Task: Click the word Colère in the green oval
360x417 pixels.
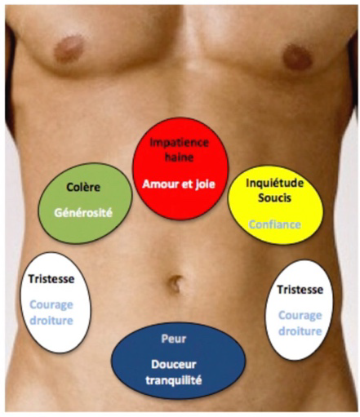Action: point(83,187)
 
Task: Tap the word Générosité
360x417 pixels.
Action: point(83,213)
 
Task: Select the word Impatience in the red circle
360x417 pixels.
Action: point(180,143)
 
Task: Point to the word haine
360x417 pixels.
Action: point(180,157)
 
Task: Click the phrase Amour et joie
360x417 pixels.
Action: point(179,184)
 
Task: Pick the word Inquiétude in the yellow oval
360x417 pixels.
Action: point(274,184)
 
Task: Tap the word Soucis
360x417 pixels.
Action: point(274,197)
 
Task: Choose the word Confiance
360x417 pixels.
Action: point(275,224)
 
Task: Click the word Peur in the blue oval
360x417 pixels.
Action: point(174,339)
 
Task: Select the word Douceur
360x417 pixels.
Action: point(174,365)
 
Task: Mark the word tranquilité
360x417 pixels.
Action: point(174,380)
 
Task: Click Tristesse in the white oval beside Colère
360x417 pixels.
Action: point(51,279)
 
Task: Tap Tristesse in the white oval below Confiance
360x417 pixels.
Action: point(300,290)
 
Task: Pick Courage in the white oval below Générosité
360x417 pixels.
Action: point(51,305)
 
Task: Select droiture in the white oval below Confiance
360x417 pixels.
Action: point(300,331)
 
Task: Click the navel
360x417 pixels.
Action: point(176,283)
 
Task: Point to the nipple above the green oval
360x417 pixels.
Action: point(69,49)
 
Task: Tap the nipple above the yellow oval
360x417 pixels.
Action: point(297,57)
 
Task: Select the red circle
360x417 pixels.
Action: point(180,169)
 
